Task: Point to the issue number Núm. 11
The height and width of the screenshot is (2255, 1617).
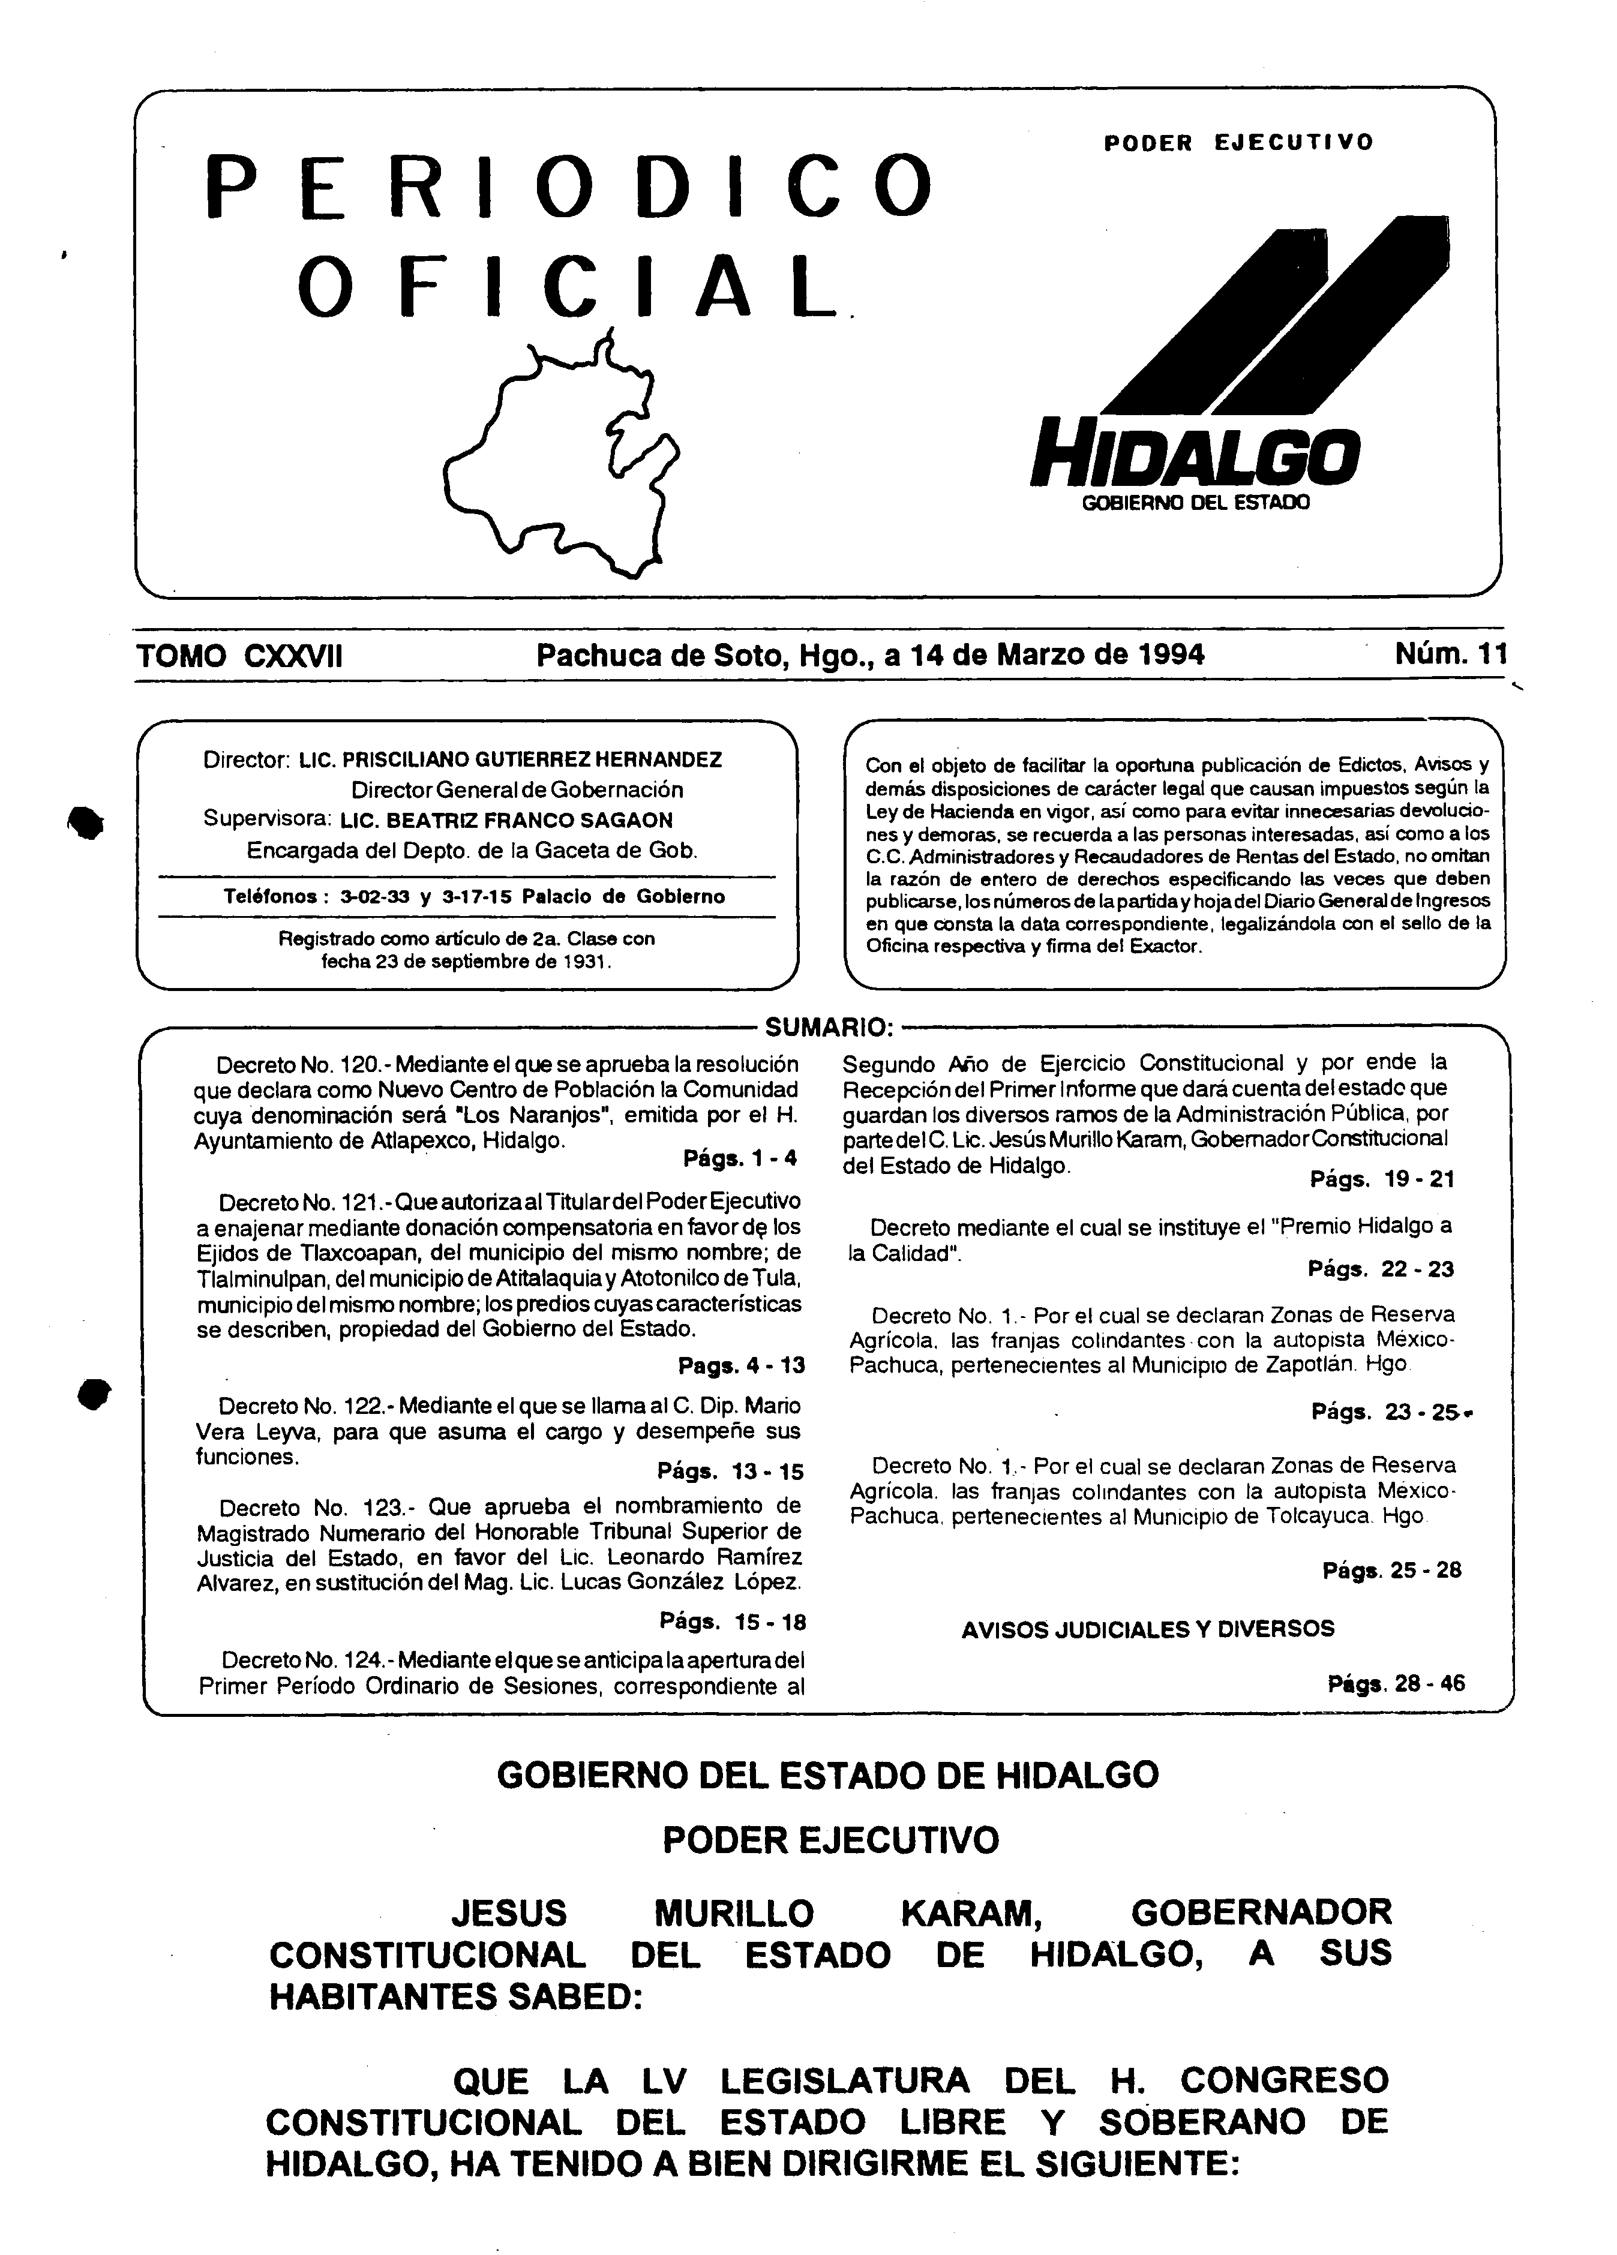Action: (x=1450, y=654)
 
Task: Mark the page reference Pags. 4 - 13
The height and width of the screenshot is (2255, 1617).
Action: (x=741, y=1365)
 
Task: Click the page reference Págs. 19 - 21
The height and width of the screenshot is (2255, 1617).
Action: (x=1381, y=1179)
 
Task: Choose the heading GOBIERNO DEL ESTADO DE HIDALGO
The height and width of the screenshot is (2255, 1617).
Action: (x=827, y=1774)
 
